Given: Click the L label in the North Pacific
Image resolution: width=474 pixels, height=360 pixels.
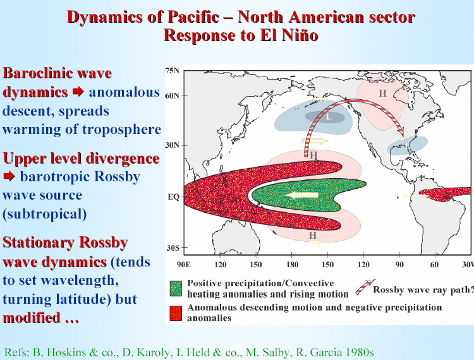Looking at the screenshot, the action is pyautogui.click(x=329, y=117).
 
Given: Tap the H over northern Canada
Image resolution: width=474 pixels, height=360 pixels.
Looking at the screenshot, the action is pyautogui.click(x=383, y=93).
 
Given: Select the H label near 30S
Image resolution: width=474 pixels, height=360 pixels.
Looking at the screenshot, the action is pyautogui.click(x=313, y=235).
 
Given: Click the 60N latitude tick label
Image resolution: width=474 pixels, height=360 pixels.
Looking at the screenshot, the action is pyautogui.click(x=173, y=96).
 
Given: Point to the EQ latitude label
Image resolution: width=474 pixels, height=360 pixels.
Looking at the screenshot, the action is pyautogui.click(x=174, y=197).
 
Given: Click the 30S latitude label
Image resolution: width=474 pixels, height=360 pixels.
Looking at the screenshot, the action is pyautogui.click(x=173, y=248).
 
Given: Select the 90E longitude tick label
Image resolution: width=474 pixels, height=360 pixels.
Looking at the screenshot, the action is pyautogui.click(x=184, y=265).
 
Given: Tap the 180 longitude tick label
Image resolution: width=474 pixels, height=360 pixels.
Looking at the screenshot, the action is pyautogui.click(x=293, y=265).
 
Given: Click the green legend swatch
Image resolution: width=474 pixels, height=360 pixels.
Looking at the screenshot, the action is pyautogui.click(x=176, y=289).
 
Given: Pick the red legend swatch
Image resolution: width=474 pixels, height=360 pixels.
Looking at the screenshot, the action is pyautogui.click(x=176, y=313).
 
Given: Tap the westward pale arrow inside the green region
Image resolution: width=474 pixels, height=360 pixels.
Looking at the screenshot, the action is pyautogui.click(x=302, y=195).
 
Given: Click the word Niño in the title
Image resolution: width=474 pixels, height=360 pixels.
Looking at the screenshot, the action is pyautogui.click(x=300, y=35).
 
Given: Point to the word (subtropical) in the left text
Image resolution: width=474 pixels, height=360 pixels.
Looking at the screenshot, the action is pyautogui.click(x=44, y=214).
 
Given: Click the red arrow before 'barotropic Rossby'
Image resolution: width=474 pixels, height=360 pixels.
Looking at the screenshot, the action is pyautogui.click(x=9, y=176).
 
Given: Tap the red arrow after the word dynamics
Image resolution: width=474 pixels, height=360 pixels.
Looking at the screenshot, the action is pyautogui.click(x=78, y=92).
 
